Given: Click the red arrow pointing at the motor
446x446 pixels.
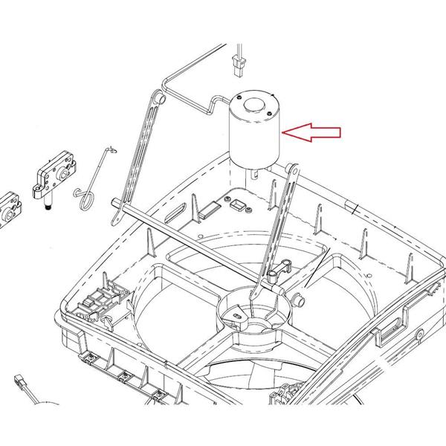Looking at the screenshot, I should coord(314,133).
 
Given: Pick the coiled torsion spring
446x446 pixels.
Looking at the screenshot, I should coord(85,197).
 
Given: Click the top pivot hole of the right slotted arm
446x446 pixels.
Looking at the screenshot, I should coord(294,172).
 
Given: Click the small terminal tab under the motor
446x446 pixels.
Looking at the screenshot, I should coord(255,173).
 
